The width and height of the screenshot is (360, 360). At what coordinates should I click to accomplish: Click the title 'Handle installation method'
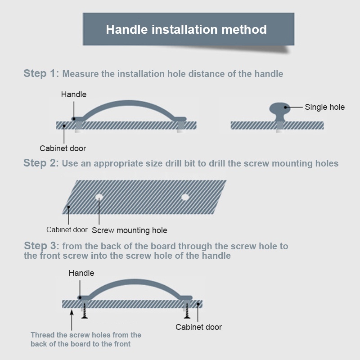tap(186, 29)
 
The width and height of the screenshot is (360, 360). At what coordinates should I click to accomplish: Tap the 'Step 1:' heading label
tap(41, 73)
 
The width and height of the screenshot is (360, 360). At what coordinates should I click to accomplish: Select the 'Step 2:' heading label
tap(41, 163)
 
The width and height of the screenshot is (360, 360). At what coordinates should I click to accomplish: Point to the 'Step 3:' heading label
tap(41, 246)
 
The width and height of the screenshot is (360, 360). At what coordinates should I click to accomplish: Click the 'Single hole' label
tap(324, 107)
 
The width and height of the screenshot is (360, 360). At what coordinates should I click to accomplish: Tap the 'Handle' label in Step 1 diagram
tap(74, 94)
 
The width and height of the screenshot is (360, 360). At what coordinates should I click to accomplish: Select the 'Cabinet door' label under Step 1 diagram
tap(63, 148)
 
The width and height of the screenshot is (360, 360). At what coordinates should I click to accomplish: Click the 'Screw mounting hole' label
tap(130, 230)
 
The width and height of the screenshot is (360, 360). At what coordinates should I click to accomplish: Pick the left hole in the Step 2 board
tap(99, 197)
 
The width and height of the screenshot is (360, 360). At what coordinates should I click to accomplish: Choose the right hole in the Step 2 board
tap(185, 197)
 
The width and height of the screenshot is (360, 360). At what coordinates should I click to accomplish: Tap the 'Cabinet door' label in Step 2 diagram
tap(67, 229)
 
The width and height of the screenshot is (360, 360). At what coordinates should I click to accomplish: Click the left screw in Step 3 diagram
tap(85, 310)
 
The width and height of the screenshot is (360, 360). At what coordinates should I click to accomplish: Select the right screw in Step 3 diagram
tap(187, 310)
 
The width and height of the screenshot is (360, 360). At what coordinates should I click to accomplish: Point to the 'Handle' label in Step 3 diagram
tap(81, 273)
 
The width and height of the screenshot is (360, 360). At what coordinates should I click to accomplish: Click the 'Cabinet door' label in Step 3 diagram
tap(198, 327)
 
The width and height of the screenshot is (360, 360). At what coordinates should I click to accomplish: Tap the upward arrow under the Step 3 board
tap(72, 320)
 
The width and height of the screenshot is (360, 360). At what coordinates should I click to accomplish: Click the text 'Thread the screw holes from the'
tap(86, 335)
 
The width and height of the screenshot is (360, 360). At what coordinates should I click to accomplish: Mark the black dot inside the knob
tap(285, 107)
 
